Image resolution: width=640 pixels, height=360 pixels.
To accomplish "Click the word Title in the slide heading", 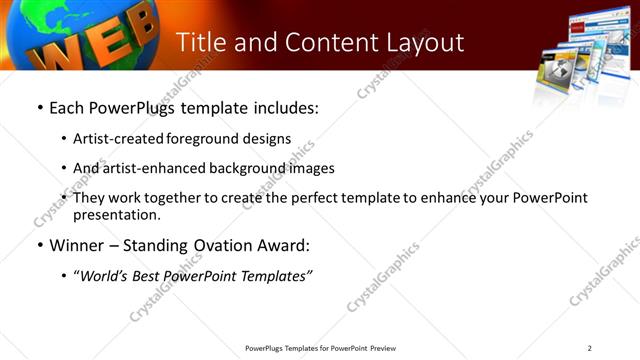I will pos(202,43).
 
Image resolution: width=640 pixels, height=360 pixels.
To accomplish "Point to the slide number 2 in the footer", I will pos(590,348).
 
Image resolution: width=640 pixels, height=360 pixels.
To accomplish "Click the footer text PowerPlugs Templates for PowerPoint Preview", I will pos(320,348).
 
